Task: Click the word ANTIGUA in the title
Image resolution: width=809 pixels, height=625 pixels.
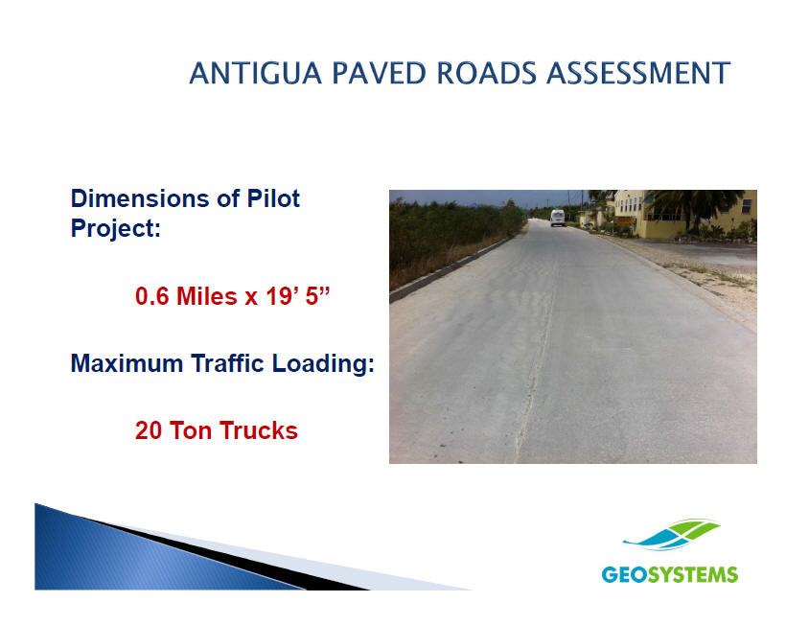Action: [x=255, y=73]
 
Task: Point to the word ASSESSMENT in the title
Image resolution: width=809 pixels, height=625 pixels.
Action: [x=638, y=73]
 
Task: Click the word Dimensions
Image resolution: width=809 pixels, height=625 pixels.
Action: [x=139, y=198]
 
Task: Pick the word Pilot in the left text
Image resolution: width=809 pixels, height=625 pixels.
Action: [x=273, y=198]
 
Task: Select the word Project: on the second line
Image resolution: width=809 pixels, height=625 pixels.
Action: [x=116, y=228]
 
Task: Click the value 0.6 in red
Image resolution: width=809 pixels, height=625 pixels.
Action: [x=151, y=296]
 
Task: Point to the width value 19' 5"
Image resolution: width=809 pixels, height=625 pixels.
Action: [x=297, y=296]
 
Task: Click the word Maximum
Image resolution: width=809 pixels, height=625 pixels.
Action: [x=127, y=363]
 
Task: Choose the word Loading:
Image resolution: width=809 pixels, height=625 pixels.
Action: [x=323, y=363]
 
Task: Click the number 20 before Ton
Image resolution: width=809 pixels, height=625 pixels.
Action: [x=149, y=430]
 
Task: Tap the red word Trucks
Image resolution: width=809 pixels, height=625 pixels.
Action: [x=259, y=430]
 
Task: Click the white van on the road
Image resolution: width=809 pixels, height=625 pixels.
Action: [x=557, y=218]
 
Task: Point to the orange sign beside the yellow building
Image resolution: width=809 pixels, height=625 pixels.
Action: [x=623, y=220]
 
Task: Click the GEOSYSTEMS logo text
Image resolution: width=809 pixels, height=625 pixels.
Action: [x=670, y=574]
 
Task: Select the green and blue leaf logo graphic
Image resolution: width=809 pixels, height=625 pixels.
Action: [x=671, y=535]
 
